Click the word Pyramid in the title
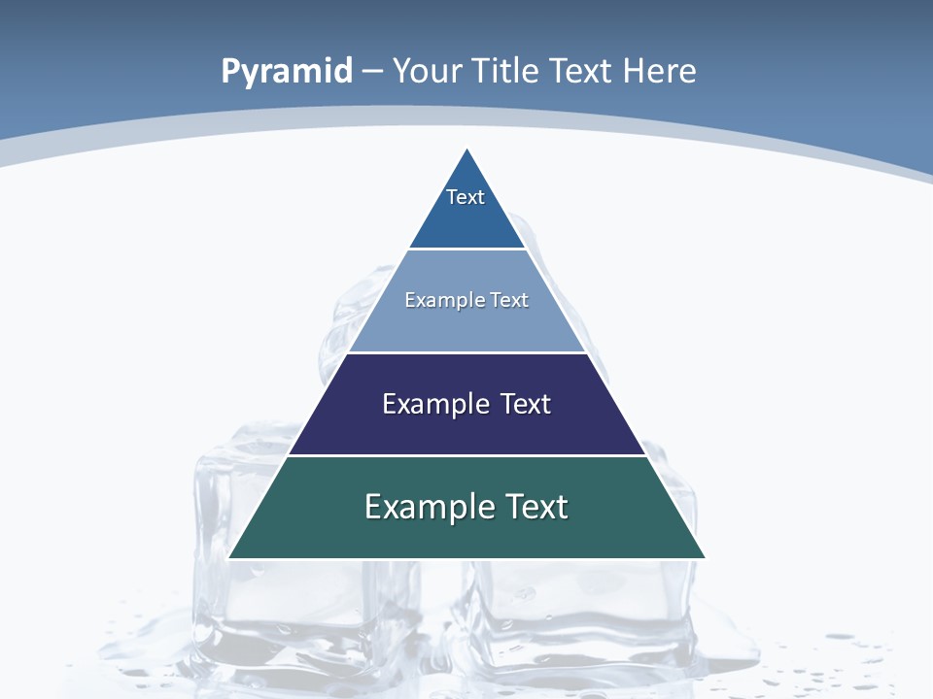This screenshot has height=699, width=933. [287, 72]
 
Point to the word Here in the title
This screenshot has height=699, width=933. [660, 72]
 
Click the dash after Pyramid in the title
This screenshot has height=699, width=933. [372, 72]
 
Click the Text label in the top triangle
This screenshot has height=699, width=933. [466, 197]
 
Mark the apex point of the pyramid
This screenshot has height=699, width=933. [467, 150]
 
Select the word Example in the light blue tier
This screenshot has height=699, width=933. [437, 300]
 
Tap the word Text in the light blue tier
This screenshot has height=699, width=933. [509, 300]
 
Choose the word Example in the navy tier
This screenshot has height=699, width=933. [434, 404]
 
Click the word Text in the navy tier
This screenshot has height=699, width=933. [526, 404]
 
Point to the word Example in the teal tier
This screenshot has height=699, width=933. [429, 507]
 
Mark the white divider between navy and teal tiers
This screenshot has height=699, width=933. [466, 455]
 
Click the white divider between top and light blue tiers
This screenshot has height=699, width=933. [467, 249]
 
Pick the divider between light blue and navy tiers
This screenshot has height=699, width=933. [466, 352]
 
